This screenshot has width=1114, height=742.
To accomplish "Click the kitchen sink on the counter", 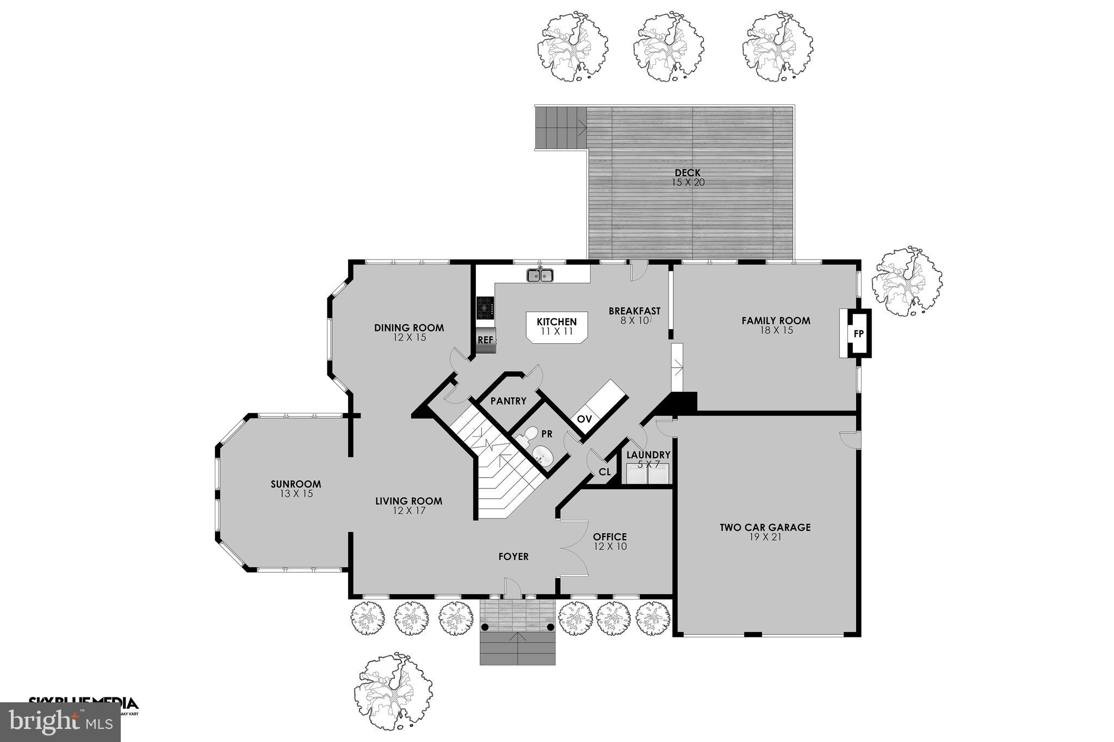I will coord(540,276).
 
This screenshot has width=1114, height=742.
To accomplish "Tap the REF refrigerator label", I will coord(485,340).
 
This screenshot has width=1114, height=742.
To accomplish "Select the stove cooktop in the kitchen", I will coord(485,308).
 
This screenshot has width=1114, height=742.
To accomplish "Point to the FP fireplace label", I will coord(858,333).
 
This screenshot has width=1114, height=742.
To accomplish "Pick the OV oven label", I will coord(584,419).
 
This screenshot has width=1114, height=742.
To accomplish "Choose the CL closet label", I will coord(604,472).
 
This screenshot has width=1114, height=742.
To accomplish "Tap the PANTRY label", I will coord(508,401).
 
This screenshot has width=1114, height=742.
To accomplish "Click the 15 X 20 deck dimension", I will coord(688,183).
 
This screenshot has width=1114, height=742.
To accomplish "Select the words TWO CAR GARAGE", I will coord(765,527).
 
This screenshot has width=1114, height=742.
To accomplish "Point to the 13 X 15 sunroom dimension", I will coord(296,494).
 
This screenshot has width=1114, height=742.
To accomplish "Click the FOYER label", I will coord(513,556).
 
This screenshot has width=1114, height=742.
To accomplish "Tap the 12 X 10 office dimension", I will coord(610,546).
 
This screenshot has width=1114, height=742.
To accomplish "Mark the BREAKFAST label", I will coord(634,311).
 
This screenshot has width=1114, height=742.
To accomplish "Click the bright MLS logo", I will coord(60,722).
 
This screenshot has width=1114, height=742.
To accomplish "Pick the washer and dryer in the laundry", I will coord(647,474).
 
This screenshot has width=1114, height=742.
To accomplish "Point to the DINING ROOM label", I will coord(409,328).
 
